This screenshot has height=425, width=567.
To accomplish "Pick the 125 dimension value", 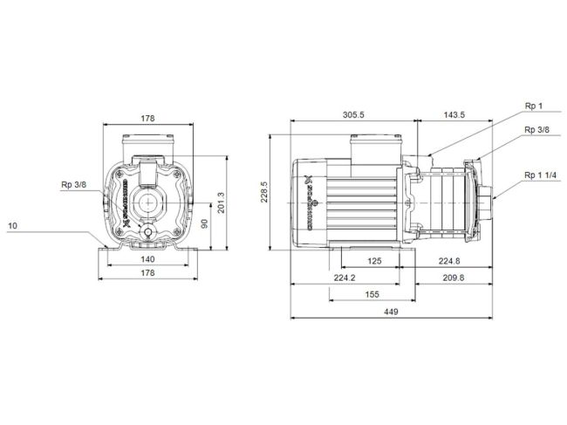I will point(375,261).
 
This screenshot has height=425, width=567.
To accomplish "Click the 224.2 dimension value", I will point(345,278).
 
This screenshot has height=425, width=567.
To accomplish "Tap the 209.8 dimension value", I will point(452,278).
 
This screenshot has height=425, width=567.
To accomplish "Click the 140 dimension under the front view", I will point(147,260).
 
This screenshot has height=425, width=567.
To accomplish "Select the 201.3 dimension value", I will point(221,202).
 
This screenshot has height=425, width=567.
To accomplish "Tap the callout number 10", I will point(12,226).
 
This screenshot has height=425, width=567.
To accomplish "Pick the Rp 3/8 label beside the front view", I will point(73,184).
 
